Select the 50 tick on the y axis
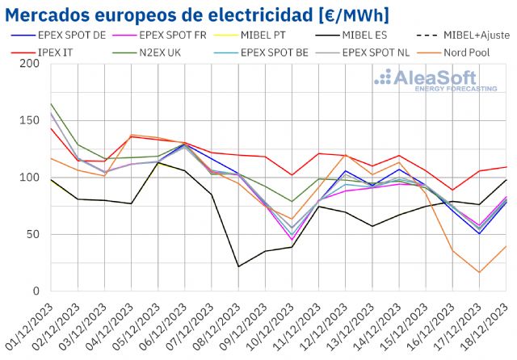32,234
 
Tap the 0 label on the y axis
36,291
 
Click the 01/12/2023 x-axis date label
31,327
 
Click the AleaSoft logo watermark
435,81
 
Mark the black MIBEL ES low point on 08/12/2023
238,266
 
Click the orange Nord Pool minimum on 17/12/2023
479,272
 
